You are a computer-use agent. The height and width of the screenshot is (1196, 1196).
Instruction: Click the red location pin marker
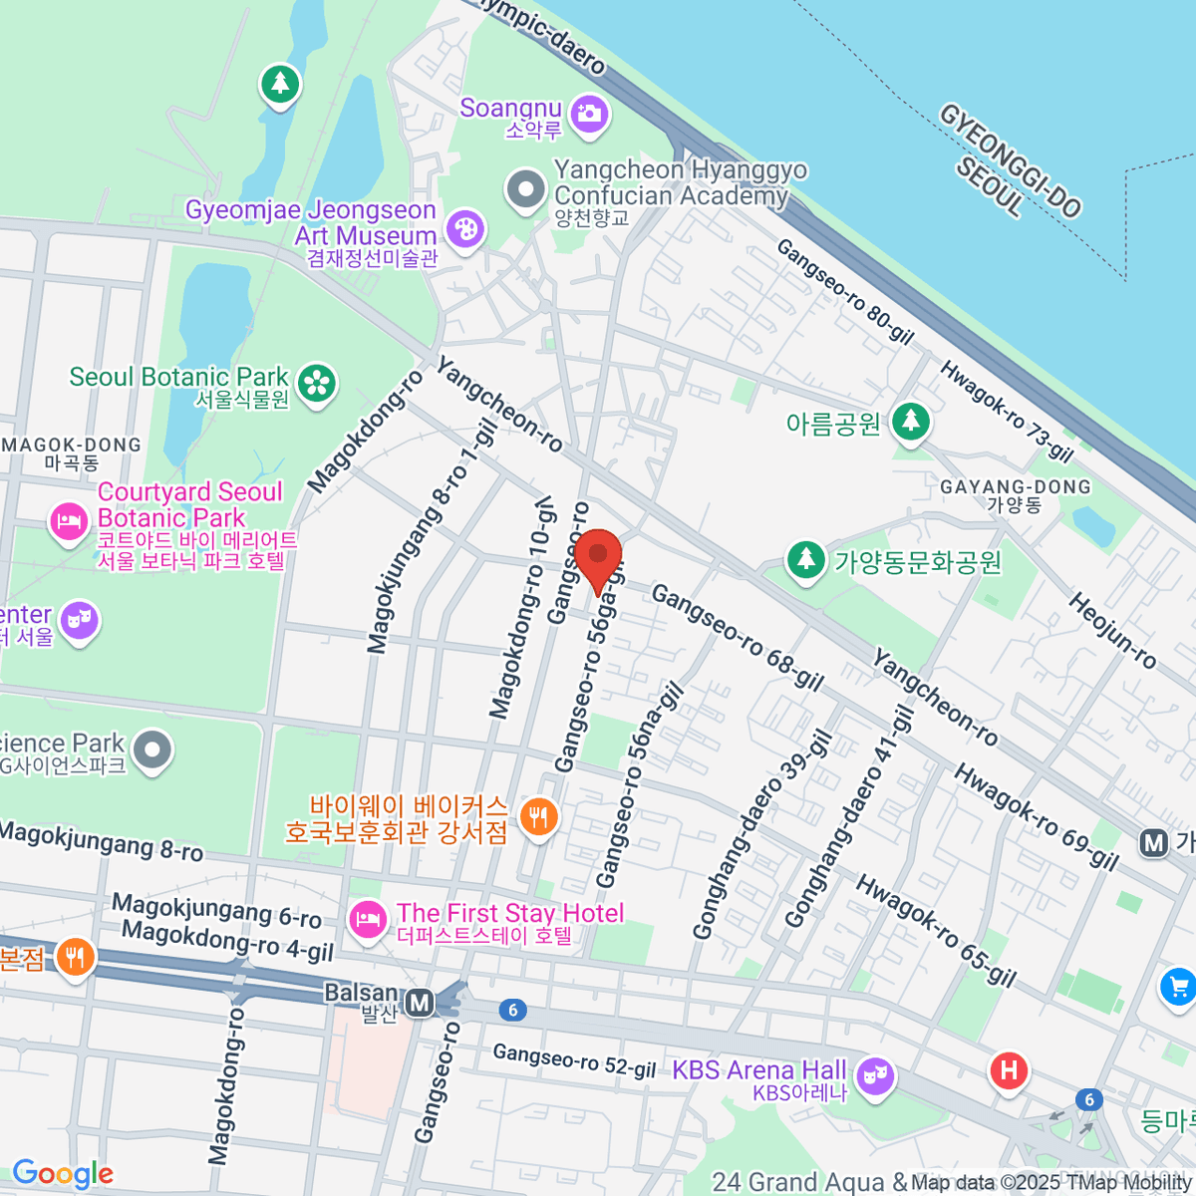[598, 558]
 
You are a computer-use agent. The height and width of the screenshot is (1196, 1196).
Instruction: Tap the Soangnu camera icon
[589, 114]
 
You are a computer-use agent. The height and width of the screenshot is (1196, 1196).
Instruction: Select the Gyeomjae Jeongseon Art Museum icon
[464, 230]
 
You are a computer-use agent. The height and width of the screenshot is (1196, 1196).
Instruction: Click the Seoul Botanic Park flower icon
[317, 383]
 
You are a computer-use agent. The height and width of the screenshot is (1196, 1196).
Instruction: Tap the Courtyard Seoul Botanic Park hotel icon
[69, 521]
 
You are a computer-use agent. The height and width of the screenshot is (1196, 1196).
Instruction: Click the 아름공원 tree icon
[909, 422]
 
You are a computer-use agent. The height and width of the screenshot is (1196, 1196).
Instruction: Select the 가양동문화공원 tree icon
[805, 560]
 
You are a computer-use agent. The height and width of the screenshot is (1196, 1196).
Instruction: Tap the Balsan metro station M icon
[421, 1002]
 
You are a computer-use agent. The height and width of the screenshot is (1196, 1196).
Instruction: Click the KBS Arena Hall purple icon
[875, 1076]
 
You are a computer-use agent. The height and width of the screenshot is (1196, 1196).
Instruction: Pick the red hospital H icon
[1008, 1071]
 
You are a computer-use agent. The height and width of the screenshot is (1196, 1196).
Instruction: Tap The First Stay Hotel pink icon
[368, 918]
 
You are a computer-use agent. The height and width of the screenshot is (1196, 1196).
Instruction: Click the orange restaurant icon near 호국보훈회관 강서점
[539, 817]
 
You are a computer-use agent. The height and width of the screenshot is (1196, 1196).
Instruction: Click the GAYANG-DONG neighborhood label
[1015, 486]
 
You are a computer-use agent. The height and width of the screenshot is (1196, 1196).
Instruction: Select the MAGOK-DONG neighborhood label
[72, 446]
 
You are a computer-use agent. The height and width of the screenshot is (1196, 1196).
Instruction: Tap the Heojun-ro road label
[1112, 630]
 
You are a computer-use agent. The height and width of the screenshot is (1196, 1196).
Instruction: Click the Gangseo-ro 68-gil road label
[738, 638]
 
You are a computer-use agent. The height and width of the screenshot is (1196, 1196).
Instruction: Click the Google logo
[63, 1173]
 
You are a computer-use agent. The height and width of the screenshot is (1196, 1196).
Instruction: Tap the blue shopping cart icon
[1178, 987]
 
